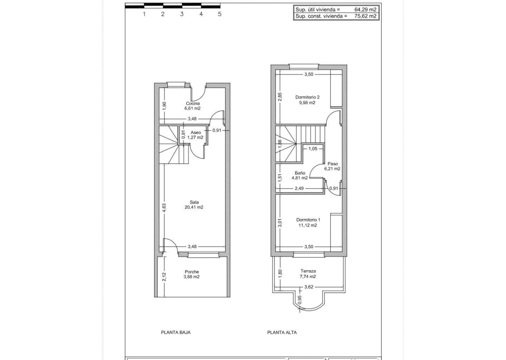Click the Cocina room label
tap(193, 106)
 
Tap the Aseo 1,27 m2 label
tap(195, 135)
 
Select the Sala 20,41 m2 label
tap(194, 205)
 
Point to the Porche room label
tap(192, 274)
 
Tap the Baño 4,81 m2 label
tap(300, 175)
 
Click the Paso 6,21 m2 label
tap(332, 166)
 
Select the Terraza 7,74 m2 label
tap(308, 274)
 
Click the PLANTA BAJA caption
tap(176, 333)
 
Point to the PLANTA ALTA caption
tap(282, 333)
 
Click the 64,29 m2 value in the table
tap(365, 9)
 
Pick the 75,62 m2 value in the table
tap(365, 16)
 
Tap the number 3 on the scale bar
tap(182, 14)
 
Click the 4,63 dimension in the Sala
tap(164, 208)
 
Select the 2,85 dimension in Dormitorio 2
tap(280, 97)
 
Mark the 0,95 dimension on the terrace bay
tap(300, 300)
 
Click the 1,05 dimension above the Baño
tap(313, 148)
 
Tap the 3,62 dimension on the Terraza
tap(309, 287)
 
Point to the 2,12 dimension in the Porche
tap(164, 277)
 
